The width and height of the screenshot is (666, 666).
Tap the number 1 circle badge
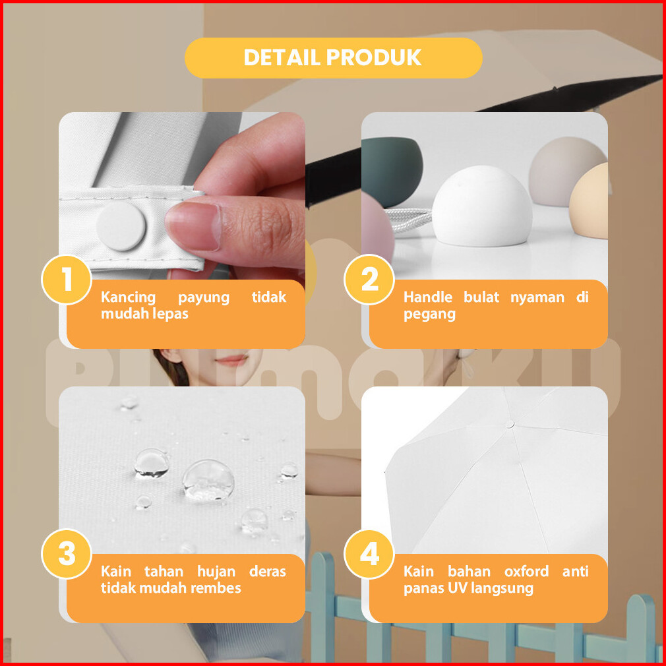click(67, 280)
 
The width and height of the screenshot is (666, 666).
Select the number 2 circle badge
click(369, 280)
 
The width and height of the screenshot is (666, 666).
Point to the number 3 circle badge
click(67, 554)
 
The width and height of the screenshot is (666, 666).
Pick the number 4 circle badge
click(369, 554)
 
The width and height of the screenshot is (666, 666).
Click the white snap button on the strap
click(121, 226)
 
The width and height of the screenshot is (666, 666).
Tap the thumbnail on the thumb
click(193, 226)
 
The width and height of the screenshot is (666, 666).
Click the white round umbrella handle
click(482, 206)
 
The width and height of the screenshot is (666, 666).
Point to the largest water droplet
click(208, 480)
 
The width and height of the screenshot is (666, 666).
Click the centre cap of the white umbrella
click(510, 424)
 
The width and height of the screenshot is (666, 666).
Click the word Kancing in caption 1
click(129, 297)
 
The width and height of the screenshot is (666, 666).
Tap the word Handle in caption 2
click(428, 297)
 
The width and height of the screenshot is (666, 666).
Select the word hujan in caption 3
click(216, 572)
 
